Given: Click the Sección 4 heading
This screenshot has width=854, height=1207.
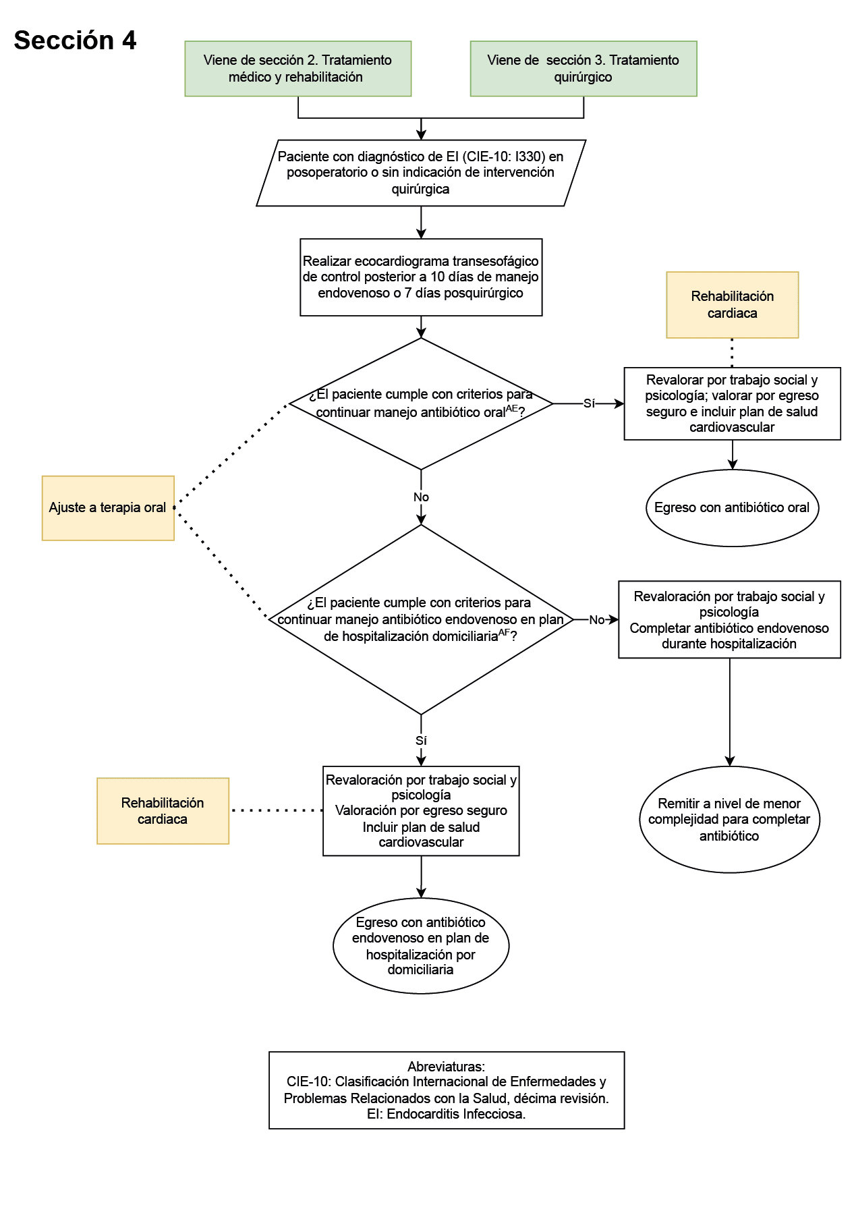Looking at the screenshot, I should pos(75,40).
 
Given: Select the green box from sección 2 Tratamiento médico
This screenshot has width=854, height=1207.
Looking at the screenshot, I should pos(297,68).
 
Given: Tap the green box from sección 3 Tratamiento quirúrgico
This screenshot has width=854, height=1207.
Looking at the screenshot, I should pos(583,68).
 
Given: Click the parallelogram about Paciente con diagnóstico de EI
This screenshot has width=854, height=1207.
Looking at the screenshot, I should pos(420,173).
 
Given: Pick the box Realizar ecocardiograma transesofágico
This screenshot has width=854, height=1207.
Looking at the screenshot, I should pos(420,277).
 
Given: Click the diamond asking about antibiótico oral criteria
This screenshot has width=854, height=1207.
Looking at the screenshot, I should pos(420,403).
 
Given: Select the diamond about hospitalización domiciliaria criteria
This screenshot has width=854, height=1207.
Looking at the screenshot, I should pos(420,619).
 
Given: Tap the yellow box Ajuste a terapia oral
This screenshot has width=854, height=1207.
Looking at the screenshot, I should pos(108,508).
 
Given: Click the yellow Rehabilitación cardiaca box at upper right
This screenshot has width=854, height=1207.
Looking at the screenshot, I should pos(732,305).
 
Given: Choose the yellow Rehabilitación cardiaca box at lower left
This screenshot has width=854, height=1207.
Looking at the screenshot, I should pos(163,811).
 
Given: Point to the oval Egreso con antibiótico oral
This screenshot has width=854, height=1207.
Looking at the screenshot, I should pos(732,508).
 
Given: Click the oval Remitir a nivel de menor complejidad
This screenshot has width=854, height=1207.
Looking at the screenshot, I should pos(729,820).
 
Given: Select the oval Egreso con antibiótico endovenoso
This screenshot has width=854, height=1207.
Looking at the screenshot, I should pos(420,946).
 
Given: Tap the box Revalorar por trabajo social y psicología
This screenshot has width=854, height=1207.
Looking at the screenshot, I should pos(732,403).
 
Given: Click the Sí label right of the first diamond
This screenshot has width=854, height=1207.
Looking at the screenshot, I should pos(589,403).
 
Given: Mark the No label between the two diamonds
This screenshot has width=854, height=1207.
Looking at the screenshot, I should pos(421,497).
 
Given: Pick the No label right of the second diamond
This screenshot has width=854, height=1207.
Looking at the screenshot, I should pos(596,620).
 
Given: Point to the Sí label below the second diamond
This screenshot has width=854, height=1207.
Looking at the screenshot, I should pos(421,741).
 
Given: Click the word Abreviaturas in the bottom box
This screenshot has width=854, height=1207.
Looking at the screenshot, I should pos(446,1067).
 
